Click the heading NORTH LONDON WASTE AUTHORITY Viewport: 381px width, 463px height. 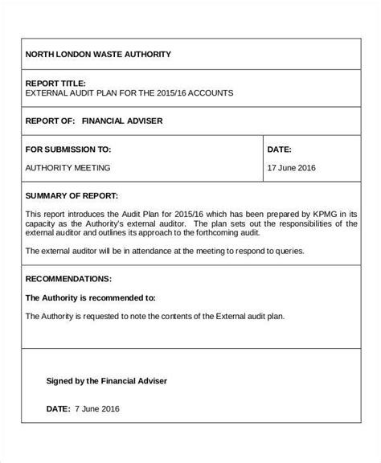(98, 54)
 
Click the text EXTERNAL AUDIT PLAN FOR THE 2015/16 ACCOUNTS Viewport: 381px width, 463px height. (129, 93)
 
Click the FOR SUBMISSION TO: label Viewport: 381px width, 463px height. (68, 150)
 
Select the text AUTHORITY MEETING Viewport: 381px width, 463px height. (68, 168)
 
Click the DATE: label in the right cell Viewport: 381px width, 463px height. (279, 150)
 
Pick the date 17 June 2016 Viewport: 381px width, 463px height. (293, 168)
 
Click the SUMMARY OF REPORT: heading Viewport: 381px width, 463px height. (72, 195)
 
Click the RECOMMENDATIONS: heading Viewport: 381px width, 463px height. (68, 279)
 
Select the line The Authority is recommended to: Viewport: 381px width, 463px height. (91, 297)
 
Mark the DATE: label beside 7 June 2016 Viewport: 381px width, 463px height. (59, 409)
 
